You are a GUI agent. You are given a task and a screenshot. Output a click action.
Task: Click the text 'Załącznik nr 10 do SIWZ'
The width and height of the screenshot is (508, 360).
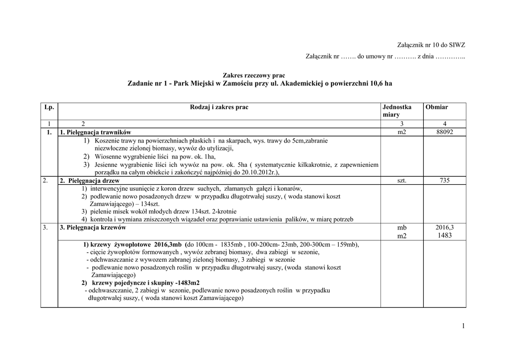click(x=432, y=45)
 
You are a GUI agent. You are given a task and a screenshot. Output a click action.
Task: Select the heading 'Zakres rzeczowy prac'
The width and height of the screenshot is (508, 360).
click(x=254, y=75)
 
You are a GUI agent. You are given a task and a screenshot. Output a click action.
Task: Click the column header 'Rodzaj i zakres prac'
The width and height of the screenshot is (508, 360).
click(x=219, y=107)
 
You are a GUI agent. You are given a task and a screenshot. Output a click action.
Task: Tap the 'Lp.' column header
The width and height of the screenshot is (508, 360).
click(x=49, y=107)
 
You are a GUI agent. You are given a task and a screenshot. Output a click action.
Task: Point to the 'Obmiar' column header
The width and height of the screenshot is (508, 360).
click(x=436, y=107)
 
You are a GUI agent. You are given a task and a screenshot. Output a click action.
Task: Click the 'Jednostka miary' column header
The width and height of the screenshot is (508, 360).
click(x=397, y=111)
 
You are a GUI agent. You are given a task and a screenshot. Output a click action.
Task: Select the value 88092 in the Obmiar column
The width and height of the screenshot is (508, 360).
click(x=444, y=132)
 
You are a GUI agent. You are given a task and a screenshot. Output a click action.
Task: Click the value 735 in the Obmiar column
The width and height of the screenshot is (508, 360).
click(x=444, y=181)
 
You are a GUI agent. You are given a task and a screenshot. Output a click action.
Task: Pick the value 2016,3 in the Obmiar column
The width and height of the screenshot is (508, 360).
click(x=444, y=227)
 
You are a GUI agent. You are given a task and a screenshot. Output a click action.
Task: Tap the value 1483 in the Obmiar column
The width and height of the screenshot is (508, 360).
click(x=444, y=235)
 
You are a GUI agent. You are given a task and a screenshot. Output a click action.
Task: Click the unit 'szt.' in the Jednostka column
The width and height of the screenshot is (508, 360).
click(x=402, y=181)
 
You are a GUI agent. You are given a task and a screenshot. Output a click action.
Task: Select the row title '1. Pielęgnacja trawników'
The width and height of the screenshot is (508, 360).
click(x=95, y=133)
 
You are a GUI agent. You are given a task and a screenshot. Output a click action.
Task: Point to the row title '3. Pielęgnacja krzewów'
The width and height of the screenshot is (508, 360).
click(x=93, y=228)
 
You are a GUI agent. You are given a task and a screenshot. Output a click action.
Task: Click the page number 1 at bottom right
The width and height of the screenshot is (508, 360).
click(x=463, y=326)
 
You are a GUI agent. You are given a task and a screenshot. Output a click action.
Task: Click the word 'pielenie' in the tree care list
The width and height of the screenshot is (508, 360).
click(x=101, y=212)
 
